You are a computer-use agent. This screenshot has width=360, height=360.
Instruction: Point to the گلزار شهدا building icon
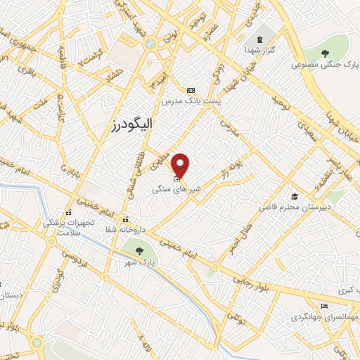tap(261, 38)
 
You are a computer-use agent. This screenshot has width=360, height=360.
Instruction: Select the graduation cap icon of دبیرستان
tap(295, 196)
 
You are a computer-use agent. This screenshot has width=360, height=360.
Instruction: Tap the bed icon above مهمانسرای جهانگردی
tap(323, 306)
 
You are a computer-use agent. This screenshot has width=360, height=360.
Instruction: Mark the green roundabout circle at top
tap(150, 43)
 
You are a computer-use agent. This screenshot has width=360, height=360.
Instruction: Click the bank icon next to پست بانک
tap(191, 91)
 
